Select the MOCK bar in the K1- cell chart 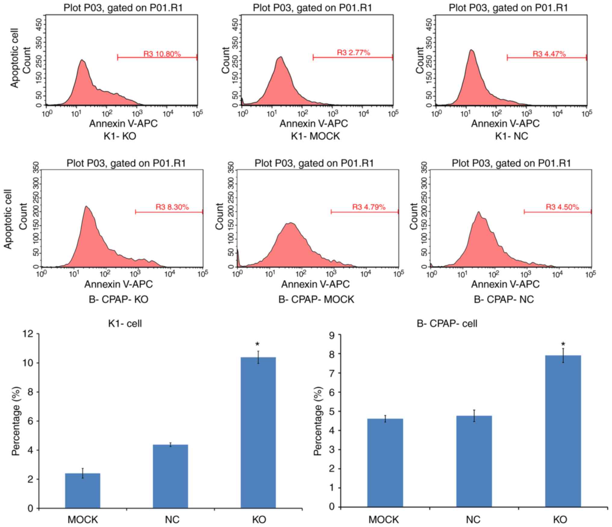(x=83, y=491)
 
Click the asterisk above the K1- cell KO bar (x=257, y=344)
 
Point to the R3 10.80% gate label (x=162, y=54)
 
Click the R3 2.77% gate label (x=353, y=53)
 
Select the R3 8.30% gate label (x=172, y=207)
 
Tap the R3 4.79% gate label (x=369, y=207)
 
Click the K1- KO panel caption (x=120, y=136)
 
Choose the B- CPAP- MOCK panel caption (x=316, y=300)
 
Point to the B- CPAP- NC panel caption (x=504, y=300)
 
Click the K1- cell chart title (x=125, y=324)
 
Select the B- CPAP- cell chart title (x=447, y=324)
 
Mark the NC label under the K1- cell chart (x=172, y=519)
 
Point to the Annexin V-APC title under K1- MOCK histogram (x=314, y=123)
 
